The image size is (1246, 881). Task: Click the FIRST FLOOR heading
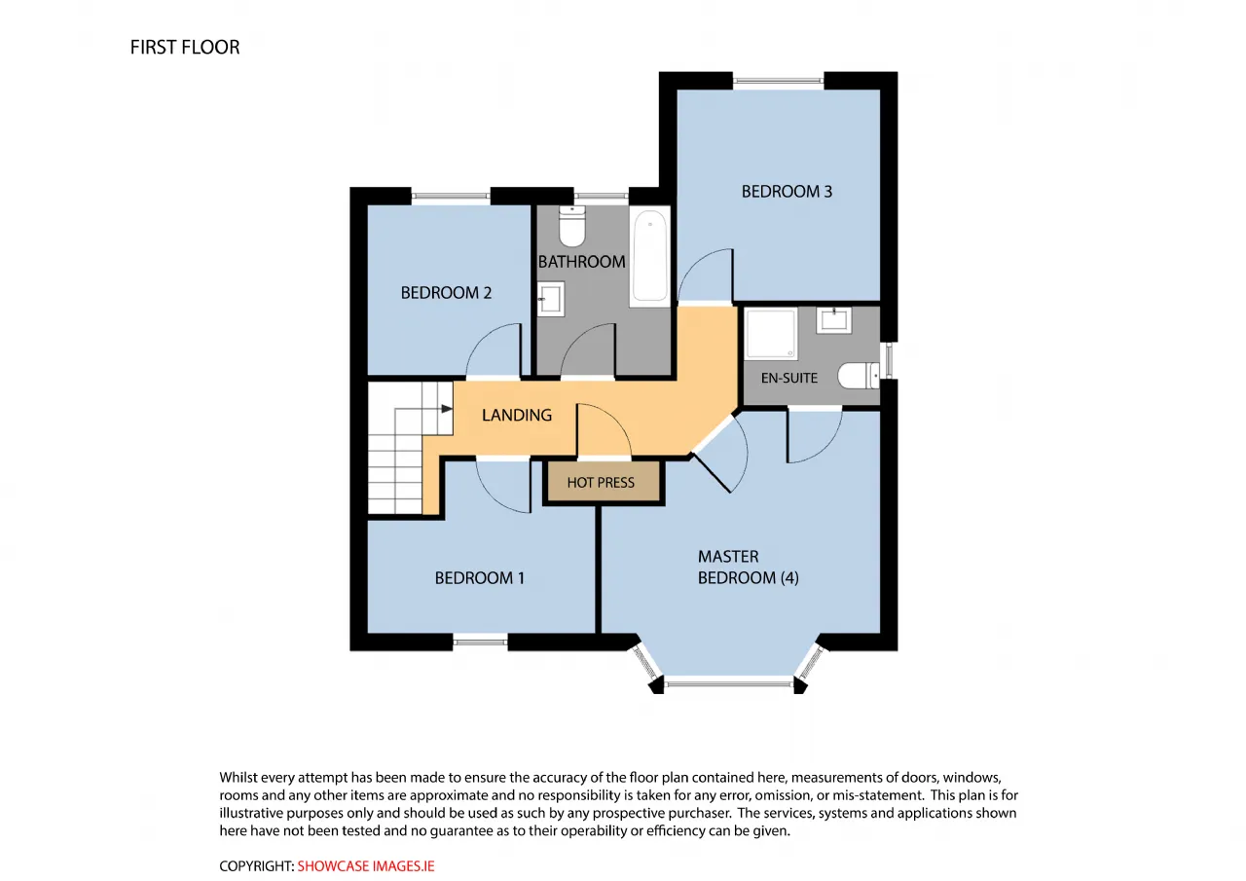tap(185, 48)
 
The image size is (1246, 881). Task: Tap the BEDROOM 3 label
tap(787, 192)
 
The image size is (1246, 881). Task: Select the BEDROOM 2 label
tap(446, 293)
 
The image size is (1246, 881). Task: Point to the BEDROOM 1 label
tap(480, 578)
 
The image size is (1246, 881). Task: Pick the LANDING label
tap(517, 415)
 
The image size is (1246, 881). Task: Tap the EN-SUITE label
tap(788, 379)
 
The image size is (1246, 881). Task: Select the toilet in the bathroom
tap(571, 226)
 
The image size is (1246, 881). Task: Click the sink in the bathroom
tap(551, 299)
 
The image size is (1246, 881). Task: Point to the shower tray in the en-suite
tap(771, 333)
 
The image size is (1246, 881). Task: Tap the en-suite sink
tap(834, 320)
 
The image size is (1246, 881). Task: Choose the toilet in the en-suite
tap(859, 376)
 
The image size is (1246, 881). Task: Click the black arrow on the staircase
tap(447, 409)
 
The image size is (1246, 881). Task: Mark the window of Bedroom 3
tap(778, 81)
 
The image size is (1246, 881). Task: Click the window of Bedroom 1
tap(480, 642)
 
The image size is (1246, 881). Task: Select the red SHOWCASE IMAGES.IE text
tap(366, 866)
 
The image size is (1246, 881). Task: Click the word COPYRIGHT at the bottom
tap(256, 866)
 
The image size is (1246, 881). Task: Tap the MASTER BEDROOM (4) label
tap(749, 568)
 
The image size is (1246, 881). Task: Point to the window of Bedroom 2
tap(451, 196)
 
